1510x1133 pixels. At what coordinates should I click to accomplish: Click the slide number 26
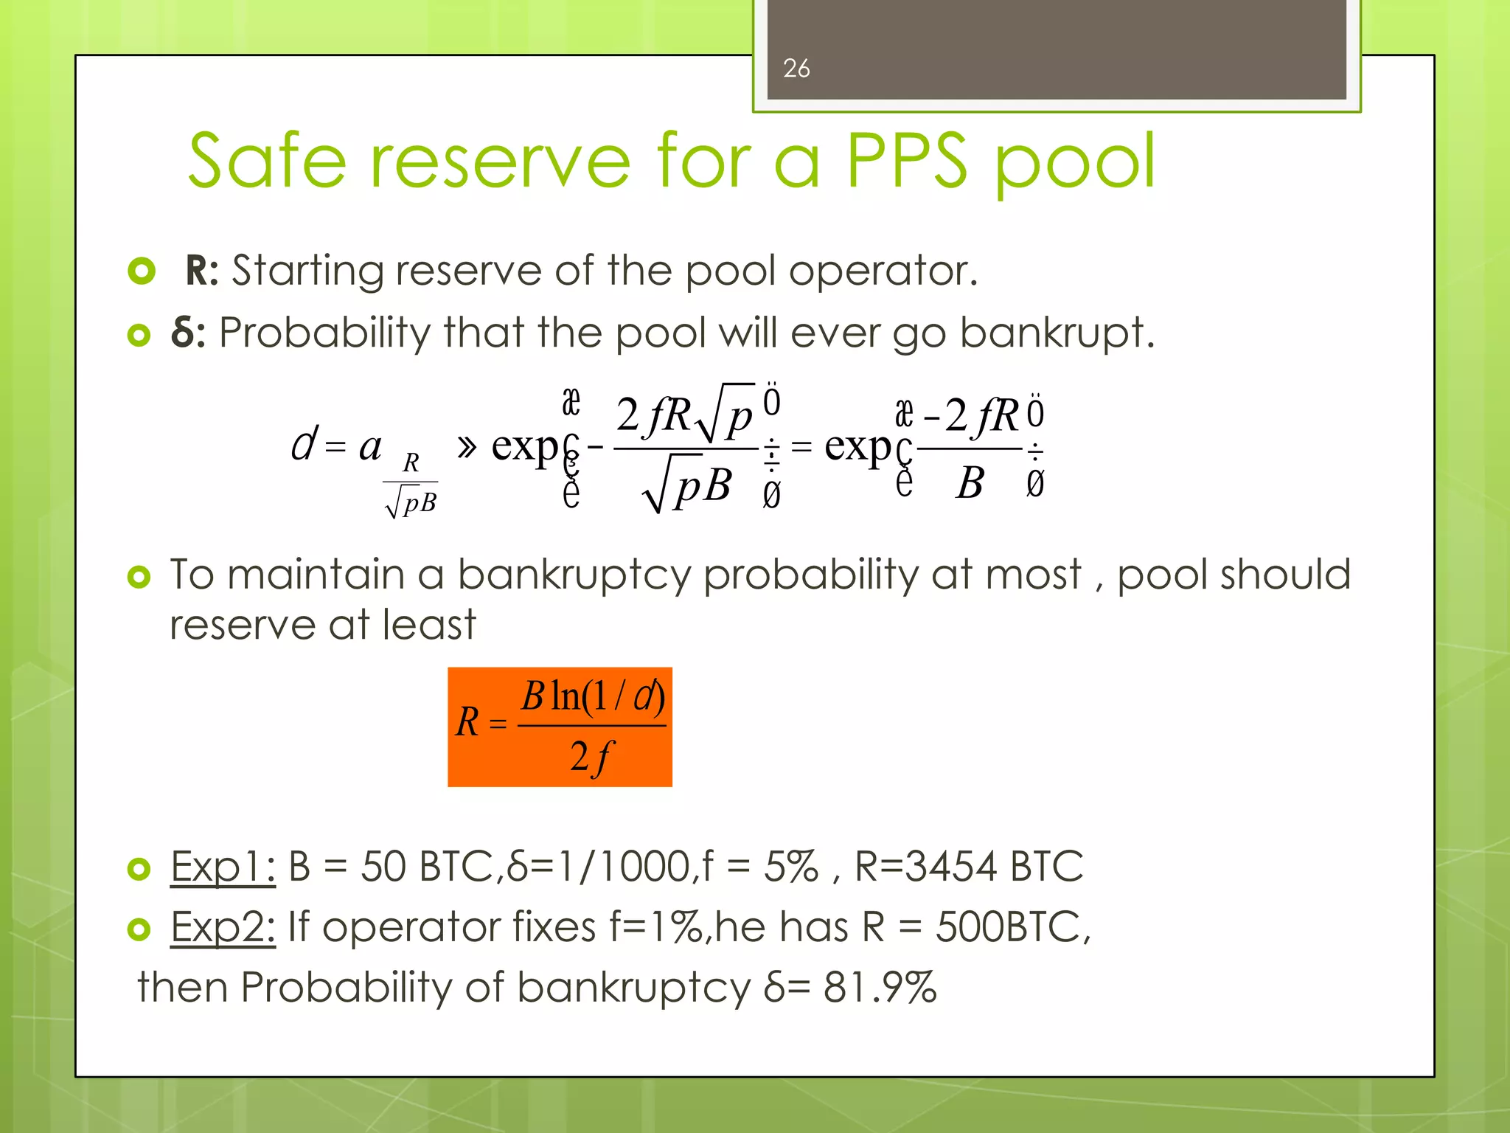click(796, 68)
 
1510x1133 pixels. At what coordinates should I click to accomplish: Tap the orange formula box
click(560, 727)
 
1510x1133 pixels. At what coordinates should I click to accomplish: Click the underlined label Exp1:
click(223, 866)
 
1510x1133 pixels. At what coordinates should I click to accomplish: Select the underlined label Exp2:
click(223, 926)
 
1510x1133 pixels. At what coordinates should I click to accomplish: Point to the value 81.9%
click(880, 987)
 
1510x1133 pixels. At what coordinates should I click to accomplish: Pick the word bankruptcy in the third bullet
click(574, 575)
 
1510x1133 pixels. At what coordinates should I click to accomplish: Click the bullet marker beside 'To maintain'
click(139, 576)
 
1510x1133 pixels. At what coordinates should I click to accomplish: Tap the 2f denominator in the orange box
click(591, 757)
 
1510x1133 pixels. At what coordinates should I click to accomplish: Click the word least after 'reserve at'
click(429, 625)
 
